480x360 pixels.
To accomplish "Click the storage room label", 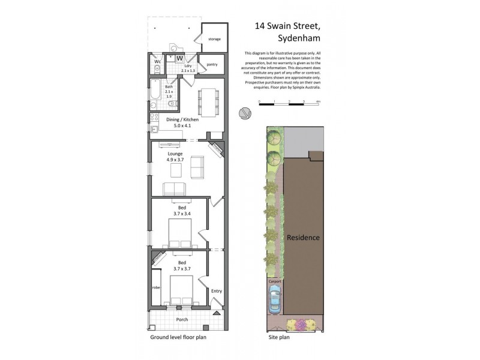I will [214, 39].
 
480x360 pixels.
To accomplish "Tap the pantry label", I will [212, 64].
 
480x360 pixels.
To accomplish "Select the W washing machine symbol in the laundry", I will [179, 58].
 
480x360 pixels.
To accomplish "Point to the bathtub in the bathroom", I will [154, 93].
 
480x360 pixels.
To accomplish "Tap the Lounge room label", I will [175, 154].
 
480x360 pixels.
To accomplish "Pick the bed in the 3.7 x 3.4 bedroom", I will [179, 234].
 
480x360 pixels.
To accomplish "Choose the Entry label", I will [216, 291].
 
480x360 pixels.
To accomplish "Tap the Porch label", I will [181, 319].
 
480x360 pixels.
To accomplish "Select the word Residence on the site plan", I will [302, 238].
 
